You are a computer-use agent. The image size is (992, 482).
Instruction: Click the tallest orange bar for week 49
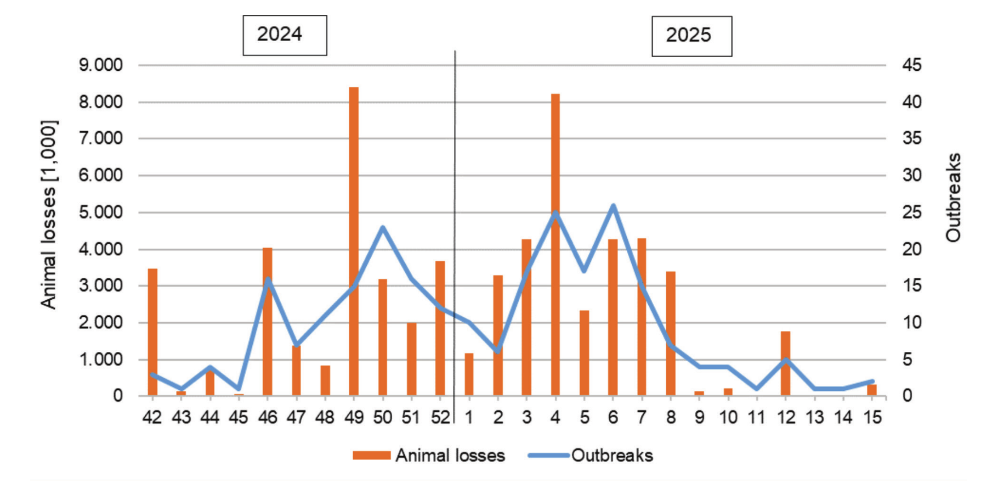354,242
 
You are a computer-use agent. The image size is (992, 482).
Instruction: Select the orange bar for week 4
555,245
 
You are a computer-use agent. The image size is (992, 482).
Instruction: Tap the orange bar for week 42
152,332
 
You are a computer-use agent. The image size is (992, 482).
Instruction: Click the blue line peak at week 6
613,206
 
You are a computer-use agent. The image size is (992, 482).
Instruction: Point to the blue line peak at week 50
383,227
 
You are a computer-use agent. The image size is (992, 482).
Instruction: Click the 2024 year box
285,35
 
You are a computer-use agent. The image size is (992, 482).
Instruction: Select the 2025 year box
691,36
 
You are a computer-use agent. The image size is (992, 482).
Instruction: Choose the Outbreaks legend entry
591,456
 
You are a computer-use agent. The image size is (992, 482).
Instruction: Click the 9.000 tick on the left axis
101,65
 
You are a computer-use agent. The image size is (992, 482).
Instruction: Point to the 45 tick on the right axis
912,65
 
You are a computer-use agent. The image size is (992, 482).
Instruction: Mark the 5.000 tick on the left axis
101,212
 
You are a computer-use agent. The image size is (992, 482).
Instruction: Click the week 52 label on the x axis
440,418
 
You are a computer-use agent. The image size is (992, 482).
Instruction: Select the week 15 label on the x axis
872,418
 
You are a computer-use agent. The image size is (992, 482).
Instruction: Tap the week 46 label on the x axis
268,418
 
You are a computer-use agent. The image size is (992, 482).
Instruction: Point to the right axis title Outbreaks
954,198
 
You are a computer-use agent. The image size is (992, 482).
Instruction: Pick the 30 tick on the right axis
912,176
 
